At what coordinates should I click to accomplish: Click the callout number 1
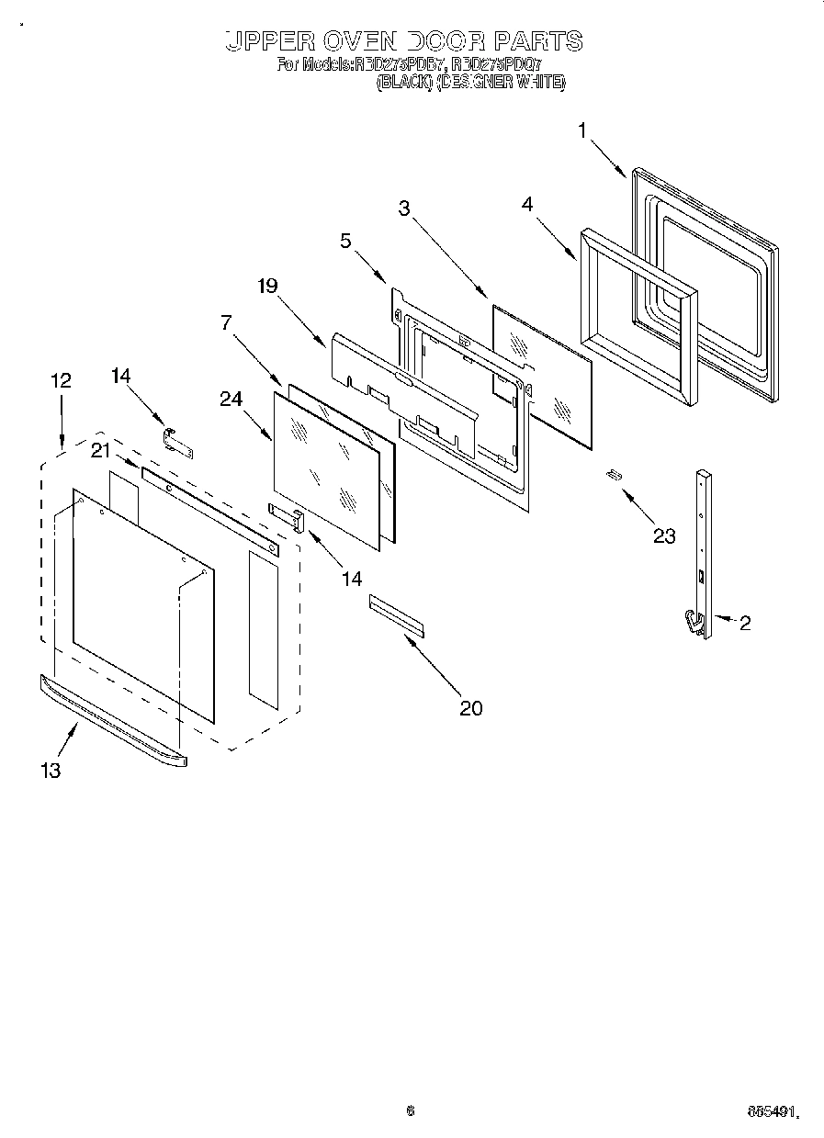click(582, 130)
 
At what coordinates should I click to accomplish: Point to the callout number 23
click(664, 535)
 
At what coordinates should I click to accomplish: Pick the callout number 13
click(51, 771)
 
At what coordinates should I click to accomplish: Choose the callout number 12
click(61, 380)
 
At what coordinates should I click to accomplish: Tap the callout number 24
click(231, 399)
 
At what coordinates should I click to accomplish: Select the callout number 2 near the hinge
click(744, 624)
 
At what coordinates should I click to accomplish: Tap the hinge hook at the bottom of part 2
click(692, 622)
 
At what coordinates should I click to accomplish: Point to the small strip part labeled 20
click(397, 614)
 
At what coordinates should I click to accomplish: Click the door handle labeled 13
click(110, 719)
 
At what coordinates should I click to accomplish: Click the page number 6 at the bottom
click(411, 1111)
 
